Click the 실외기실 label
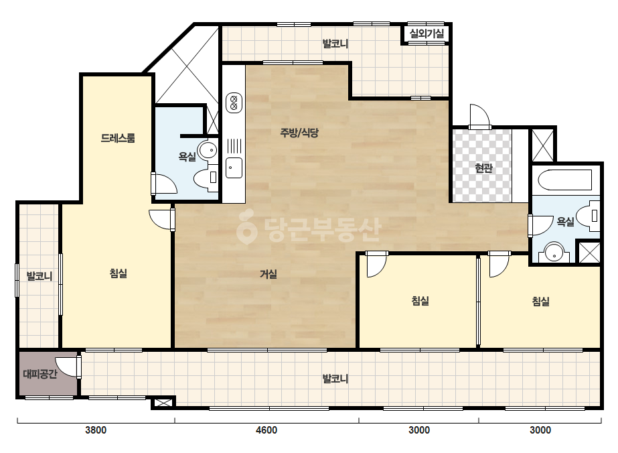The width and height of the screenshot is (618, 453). point(427,34)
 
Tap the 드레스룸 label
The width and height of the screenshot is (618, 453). point(118,138)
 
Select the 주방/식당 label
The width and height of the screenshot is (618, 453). point(299,133)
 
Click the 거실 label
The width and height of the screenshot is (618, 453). point(268,274)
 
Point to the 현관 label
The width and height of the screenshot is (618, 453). point(483,168)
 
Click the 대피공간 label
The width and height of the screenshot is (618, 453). point(40,373)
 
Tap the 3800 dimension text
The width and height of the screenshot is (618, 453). point(96,430)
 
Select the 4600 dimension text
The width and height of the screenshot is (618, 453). point(266,430)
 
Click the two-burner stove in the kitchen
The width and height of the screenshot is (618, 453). point(234,103)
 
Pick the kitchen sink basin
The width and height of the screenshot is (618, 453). point(234,168)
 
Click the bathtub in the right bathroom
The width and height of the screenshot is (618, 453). point(566,180)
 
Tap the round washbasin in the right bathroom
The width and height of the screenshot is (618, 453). point(554,253)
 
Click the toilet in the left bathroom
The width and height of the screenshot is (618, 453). point(206,178)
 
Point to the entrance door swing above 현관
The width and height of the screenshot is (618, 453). point(479,116)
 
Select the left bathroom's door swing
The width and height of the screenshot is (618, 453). point(164,184)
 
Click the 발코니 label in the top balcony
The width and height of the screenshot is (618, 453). point(335,44)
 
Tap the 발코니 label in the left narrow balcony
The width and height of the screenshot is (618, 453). point(40,275)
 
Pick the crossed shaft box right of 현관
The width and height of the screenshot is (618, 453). point(543,145)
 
